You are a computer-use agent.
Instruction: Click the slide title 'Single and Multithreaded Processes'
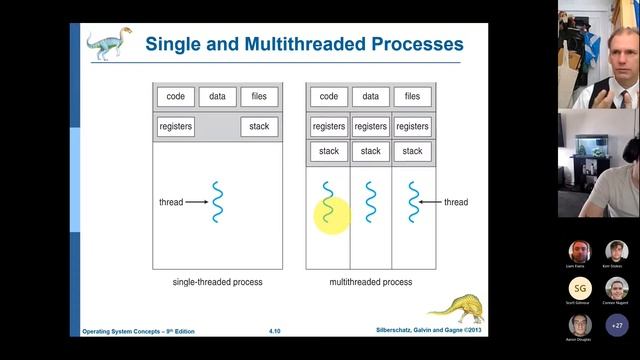tap(304, 44)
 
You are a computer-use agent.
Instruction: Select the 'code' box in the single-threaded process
tap(175, 97)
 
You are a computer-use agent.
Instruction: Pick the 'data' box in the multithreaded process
tap(370, 97)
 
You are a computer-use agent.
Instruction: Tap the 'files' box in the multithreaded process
tap(412, 97)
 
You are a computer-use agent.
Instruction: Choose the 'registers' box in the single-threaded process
tap(175, 127)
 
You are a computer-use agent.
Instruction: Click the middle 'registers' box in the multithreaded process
tap(370, 127)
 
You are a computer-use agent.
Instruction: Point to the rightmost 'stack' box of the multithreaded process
tap(412, 151)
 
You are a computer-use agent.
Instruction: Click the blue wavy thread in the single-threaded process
tap(216, 202)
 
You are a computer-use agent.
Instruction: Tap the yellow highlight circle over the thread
tap(332, 214)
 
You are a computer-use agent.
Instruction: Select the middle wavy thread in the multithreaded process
tap(370, 202)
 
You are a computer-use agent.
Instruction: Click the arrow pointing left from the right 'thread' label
tap(430, 202)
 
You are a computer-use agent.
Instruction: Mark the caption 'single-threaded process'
tap(216, 282)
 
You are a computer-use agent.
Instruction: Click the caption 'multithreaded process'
tap(370, 282)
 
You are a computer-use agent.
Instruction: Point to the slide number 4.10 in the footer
tap(274, 330)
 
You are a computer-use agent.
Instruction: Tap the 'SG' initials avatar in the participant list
tap(580, 289)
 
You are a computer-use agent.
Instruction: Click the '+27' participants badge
tap(617, 325)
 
